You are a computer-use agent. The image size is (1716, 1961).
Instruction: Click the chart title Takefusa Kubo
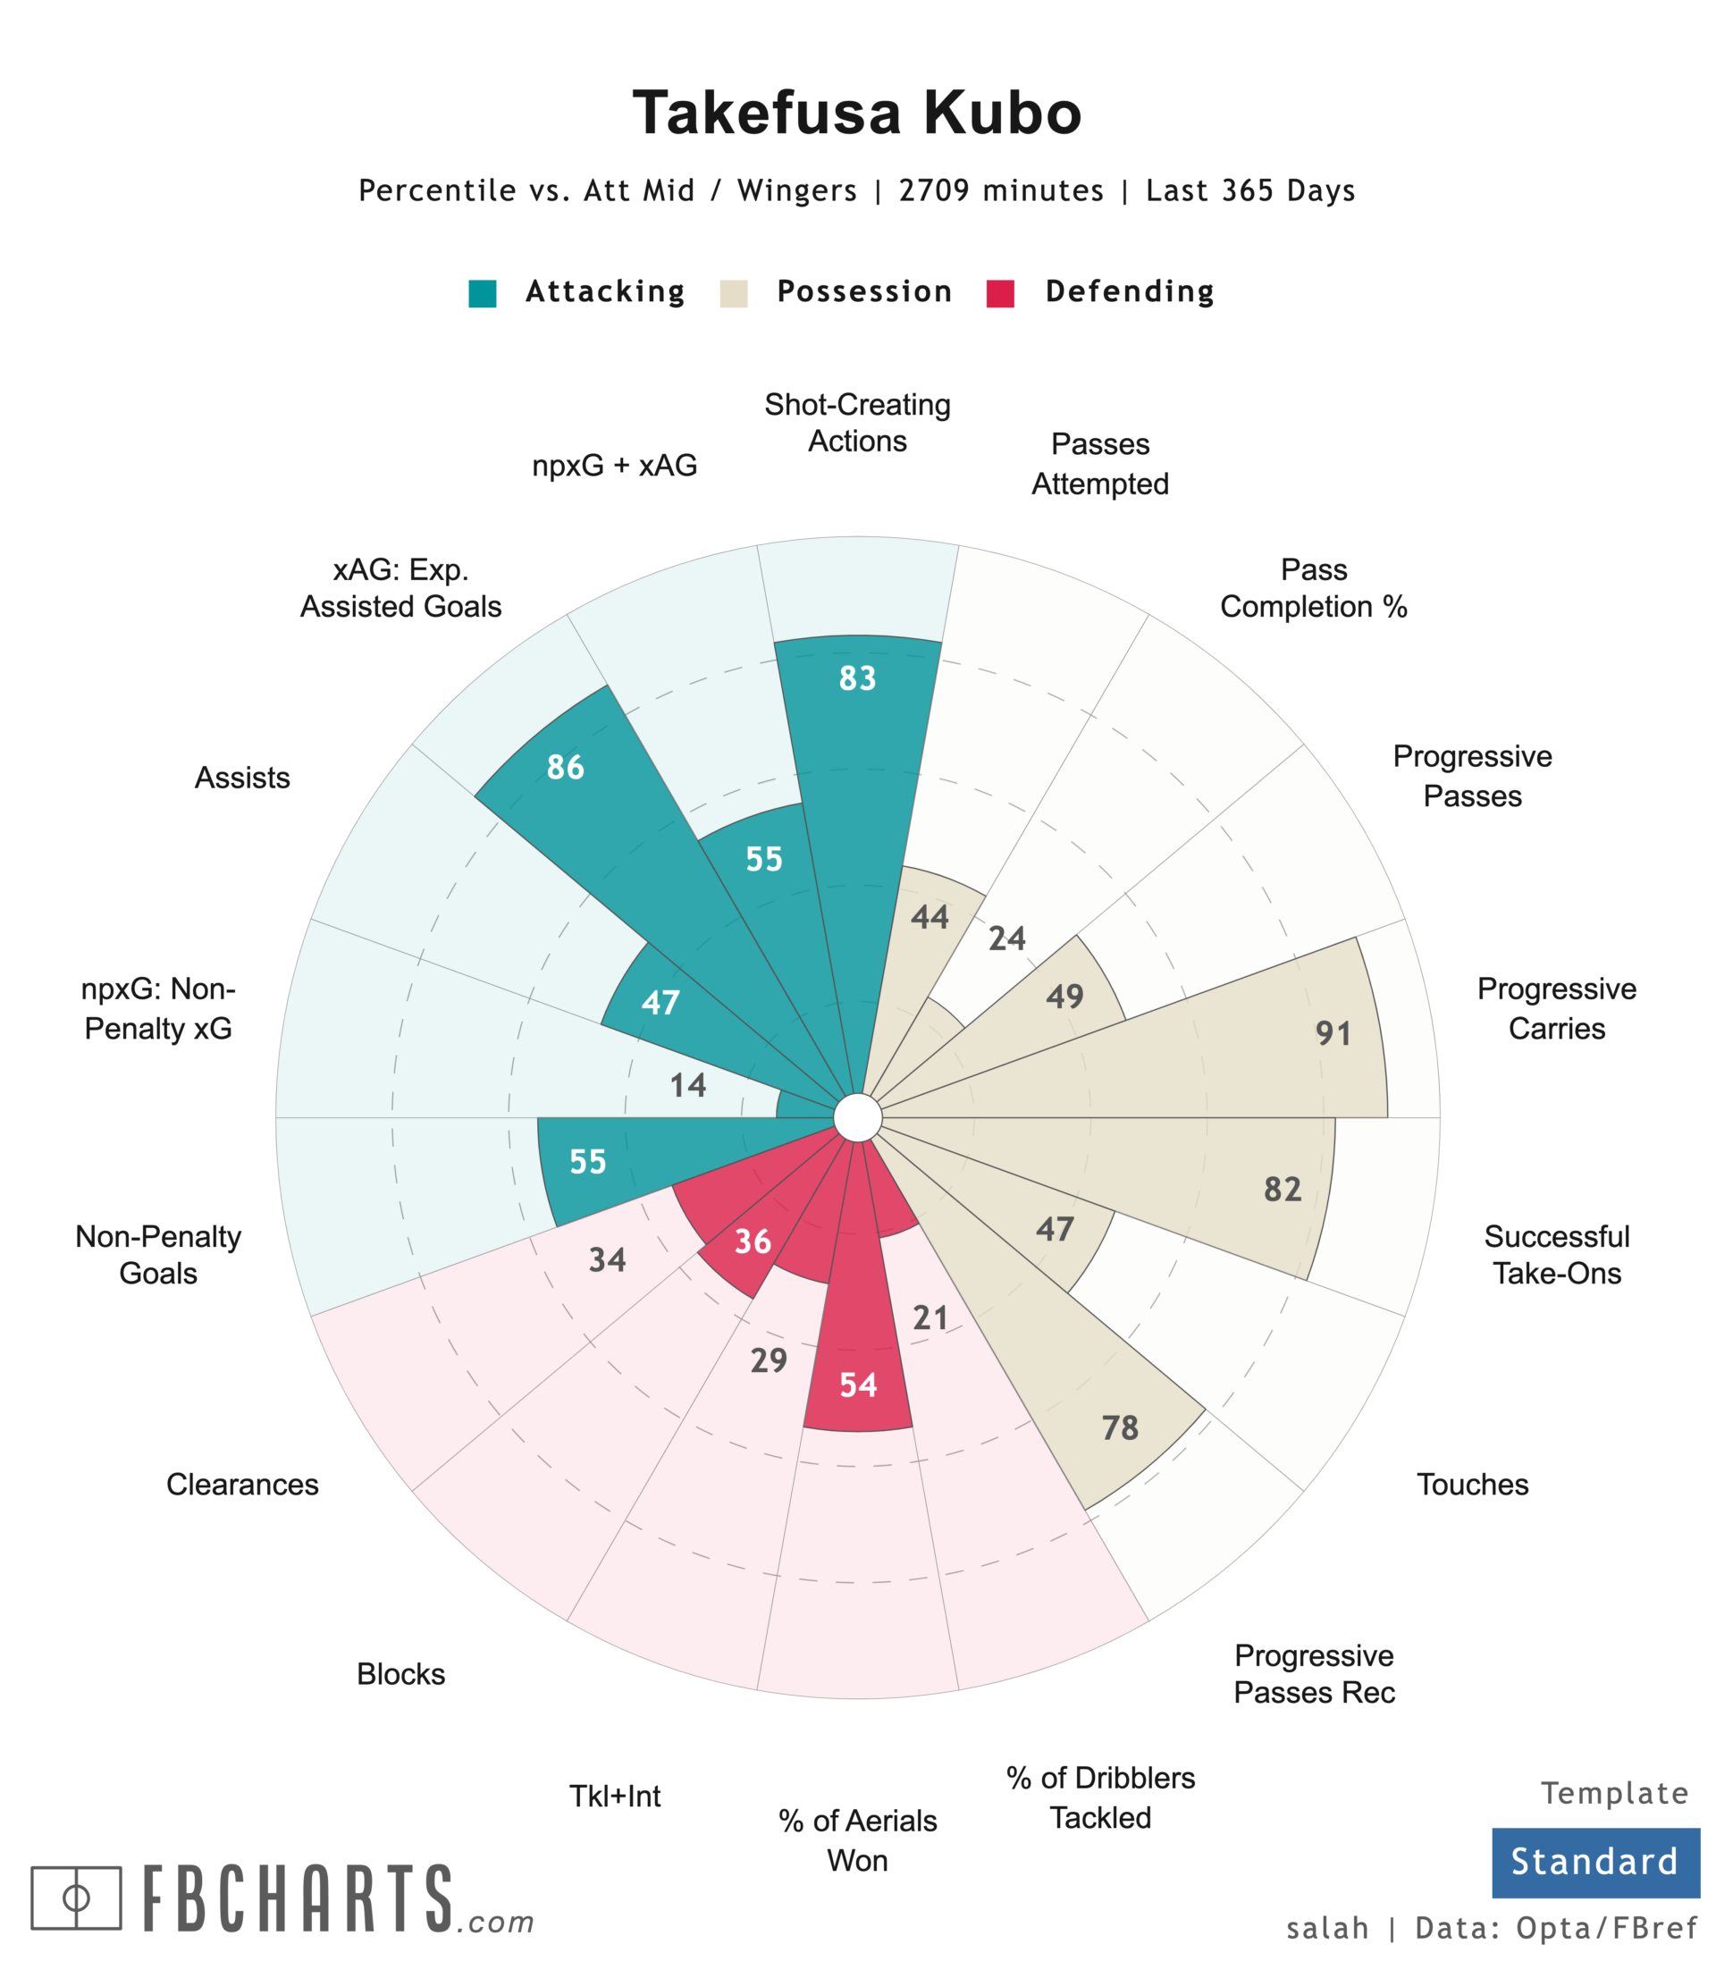[x=857, y=113]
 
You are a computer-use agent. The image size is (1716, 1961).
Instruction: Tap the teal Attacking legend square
[x=483, y=293]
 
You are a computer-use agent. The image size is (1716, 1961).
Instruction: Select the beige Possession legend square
[x=734, y=293]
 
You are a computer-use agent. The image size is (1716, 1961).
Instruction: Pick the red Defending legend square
[x=1000, y=293]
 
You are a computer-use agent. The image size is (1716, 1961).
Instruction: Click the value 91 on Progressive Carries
[x=1333, y=1033]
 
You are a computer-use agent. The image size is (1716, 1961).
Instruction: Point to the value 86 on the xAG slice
[x=565, y=767]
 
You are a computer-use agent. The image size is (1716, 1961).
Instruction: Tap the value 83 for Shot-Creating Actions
[x=857, y=678]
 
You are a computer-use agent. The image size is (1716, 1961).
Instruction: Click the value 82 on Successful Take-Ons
[x=1283, y=1190]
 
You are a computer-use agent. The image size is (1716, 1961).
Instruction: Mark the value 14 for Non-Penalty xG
[x=687, y=1085]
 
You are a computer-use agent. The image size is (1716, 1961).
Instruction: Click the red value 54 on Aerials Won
[x=858, y=1384]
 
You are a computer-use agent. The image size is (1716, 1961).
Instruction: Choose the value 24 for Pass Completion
[x=1006, y=938]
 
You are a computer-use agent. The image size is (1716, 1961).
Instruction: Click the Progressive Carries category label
[x=1556, y=1008]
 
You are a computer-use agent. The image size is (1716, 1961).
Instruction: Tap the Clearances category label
[x=242, y=1484]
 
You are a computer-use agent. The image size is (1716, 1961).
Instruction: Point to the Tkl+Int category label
[x=615, y=1796]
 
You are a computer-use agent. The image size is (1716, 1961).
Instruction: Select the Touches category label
[x=1472, y=1484]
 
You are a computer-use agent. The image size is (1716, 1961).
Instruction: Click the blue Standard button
[x=1594, y=1863]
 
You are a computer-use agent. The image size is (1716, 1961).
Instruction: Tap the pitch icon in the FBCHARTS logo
[x=77, y=1897]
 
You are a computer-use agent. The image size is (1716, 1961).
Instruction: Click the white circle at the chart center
[x=857, y=1118]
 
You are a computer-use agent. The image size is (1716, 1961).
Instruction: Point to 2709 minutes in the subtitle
[x=1001, y=190]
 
